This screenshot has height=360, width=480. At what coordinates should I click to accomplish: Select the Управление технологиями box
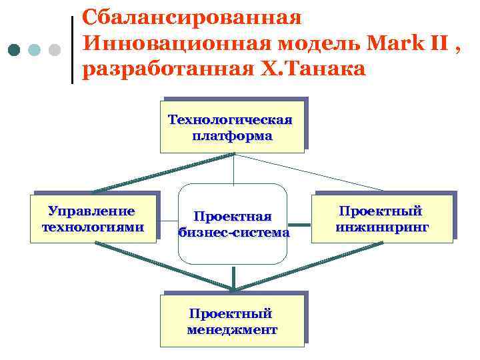point(93,219)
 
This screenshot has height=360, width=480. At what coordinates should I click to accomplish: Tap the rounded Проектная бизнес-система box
point(233,224)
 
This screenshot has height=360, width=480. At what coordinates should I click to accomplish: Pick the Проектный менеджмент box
point(232,320)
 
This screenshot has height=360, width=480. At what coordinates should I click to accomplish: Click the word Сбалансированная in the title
point(192,15)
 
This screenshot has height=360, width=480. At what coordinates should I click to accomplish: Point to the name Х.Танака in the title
point(310,69)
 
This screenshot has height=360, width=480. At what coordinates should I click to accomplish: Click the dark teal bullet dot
point(15,50)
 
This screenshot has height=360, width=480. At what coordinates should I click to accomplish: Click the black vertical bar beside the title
point(72,50)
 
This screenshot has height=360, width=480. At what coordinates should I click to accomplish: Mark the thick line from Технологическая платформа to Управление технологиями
point(163,173)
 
